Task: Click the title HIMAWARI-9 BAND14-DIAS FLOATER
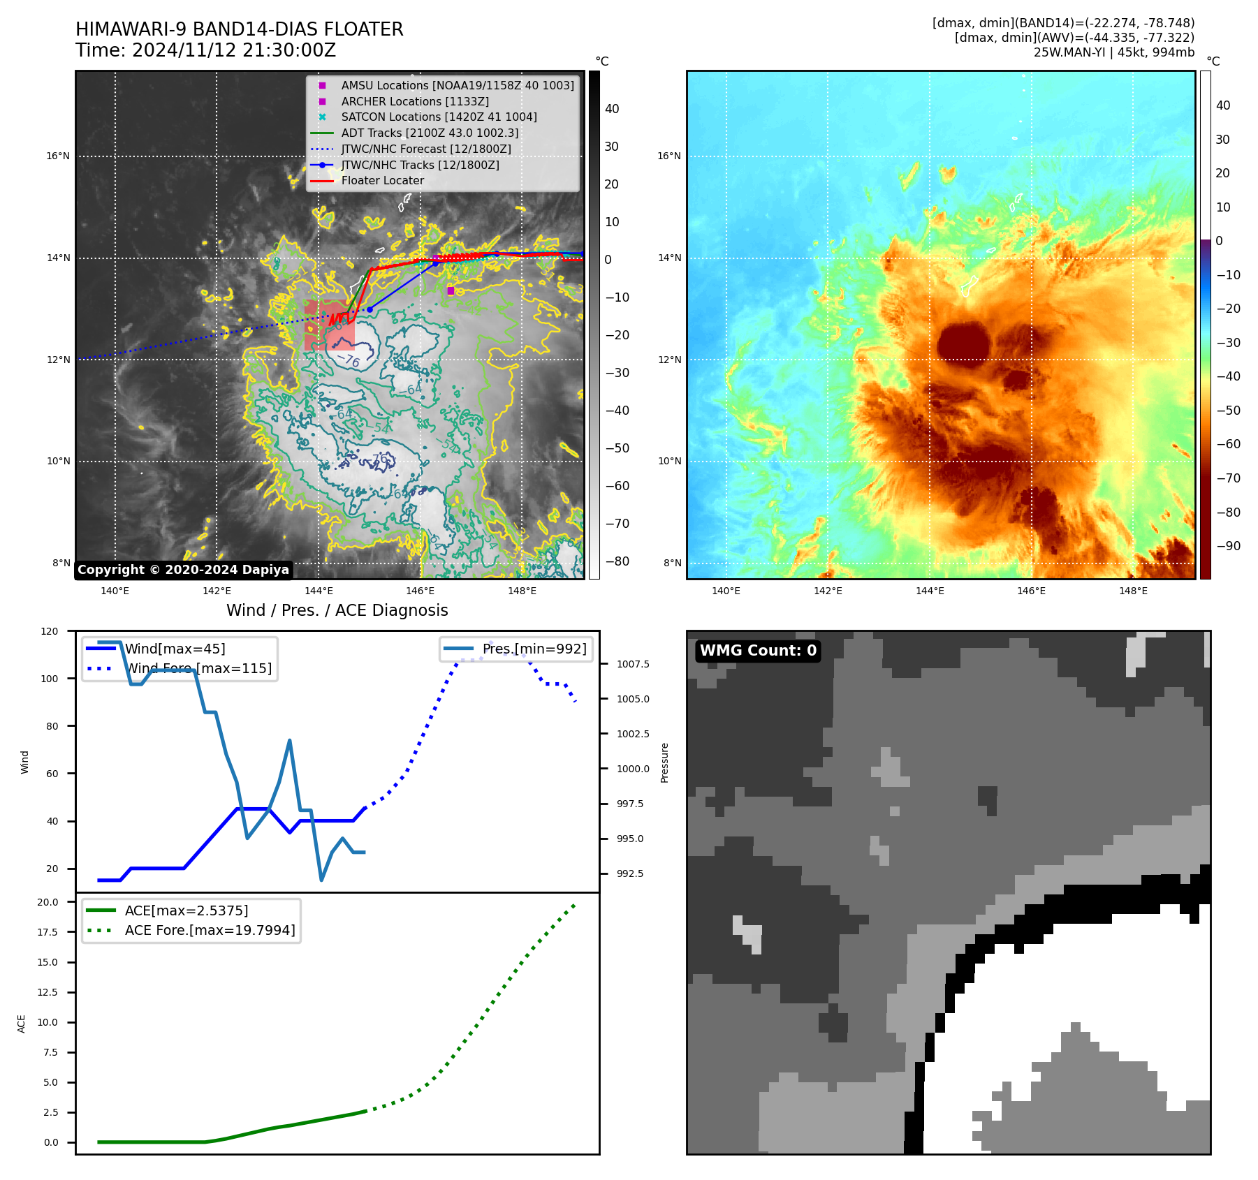point(240,29)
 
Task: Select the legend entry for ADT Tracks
point(429,133)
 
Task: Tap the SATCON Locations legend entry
point(438,117)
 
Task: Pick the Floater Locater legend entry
point(382,180)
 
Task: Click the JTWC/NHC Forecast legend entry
point(425,149)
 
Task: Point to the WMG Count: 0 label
point(758,651)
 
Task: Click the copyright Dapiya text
point(183,570)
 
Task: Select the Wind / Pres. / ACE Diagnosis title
point(337,610)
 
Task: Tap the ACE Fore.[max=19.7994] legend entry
point(210,930)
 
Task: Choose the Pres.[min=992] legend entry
point(534,649)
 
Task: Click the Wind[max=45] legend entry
point(175,649)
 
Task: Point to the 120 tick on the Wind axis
point(50,631)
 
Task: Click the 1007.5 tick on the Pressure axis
point(633,664)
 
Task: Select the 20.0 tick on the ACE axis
point(47,902)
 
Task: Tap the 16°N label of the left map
point(58,156)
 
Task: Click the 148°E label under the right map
point(1133,591)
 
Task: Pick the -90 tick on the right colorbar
point(1228,546)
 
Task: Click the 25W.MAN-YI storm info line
point(1113,52)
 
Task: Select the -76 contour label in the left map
point(348,360)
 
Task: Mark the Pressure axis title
point(664,762)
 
